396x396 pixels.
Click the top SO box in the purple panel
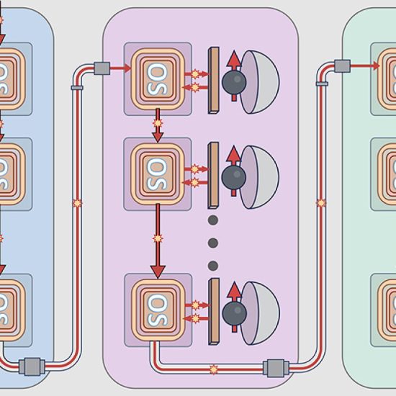pos(158,78)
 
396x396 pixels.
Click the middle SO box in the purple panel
pos(158,174)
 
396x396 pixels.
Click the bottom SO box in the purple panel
pos(158,310)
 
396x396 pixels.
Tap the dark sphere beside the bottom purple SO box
pos(235,313)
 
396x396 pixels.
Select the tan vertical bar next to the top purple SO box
pos(213,81)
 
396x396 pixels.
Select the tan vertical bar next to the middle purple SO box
pos(213,175)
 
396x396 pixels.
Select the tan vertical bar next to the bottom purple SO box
pos(214,312)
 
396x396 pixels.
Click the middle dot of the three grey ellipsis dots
pos(213,243)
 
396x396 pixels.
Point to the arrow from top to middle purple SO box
pos(158,125)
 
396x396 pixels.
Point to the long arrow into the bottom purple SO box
pos(158,241)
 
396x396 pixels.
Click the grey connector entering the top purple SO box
pos(102,68)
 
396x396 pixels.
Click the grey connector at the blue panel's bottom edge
pos(32,366)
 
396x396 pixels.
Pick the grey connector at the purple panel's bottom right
pos(276,369)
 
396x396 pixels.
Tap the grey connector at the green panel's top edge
pos(343,66)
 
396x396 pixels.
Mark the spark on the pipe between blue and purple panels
pos(77,203)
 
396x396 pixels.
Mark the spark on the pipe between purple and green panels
pos(321,203)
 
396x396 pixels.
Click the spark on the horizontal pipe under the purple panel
pos(214,369)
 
